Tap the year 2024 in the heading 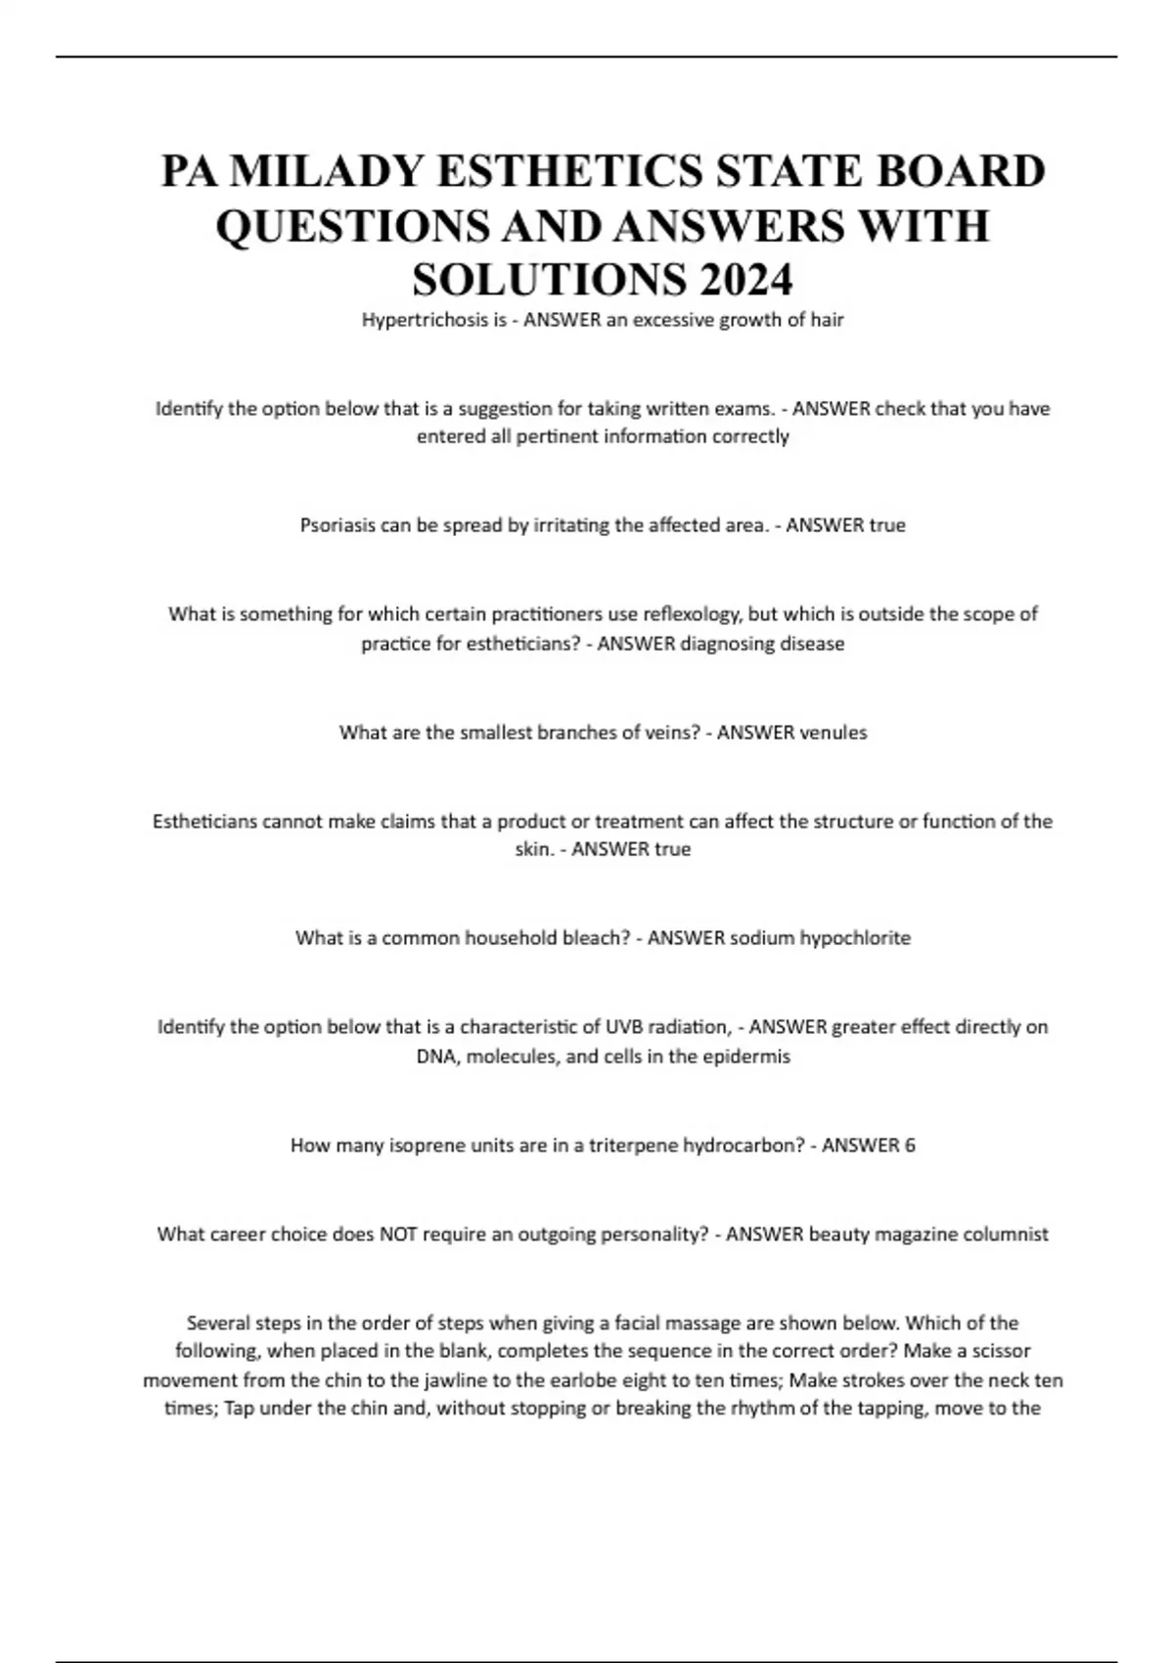[745, 281]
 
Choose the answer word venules [833, 733]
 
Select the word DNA [436, 1056]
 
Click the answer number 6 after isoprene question [910, 1146]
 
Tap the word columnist [1004, 1235]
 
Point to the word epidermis [745, 1056]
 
